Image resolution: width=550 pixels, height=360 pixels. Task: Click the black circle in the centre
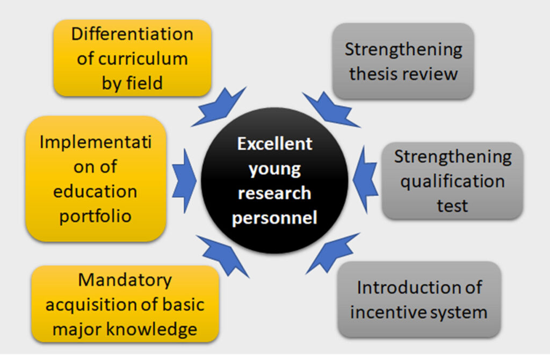[x=274, y=181]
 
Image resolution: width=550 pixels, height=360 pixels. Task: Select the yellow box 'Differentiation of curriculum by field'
[x=132, y=58]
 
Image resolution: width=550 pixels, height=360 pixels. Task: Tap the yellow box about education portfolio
[x=96, y=178]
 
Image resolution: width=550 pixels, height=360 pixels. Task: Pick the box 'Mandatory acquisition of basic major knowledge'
[x=125, y=304]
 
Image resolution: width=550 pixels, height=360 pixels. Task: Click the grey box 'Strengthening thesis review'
[x=403, y=61]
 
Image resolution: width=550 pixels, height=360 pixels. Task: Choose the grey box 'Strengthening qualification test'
[x=452, y=181]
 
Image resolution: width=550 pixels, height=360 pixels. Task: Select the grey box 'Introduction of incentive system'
[x=419, y=299]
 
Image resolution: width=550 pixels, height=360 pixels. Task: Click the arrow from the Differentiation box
[x=218, y=107]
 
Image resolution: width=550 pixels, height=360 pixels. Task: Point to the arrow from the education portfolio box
[x=184, y=181]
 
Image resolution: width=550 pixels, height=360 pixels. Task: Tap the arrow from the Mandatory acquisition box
[x=223, y=255]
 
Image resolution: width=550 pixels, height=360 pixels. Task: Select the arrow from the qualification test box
[x=365, y=179]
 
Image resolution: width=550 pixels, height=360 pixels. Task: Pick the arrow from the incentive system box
[x=332, y=253]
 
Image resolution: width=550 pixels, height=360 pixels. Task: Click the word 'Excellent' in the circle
[x=274, y=143]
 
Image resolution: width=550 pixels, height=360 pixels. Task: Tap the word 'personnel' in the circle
[x=274, y=218]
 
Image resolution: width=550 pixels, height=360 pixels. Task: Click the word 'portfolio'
[x=96, y=216]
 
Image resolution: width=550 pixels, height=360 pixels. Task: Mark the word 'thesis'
[x=372, y=74]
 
